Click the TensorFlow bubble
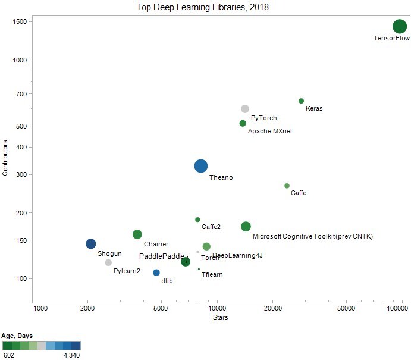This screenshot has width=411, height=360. pyautogui.click(x=400, y=26)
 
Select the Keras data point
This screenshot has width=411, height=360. pyautogui.click(x=301, y=101)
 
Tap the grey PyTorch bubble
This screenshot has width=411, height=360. pyautogui.click(x=245, y=109)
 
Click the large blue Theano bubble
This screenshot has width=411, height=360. pyautogui.click(x=201, y=166)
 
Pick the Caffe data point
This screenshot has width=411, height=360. pyautogui.click(x=287, y=186)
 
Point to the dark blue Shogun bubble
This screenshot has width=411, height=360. pyautogui.click(x=90, y=243)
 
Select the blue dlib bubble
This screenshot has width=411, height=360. pyautogui.click(x=156, y=273)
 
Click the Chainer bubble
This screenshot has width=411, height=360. pyautogui.click(x=137, y=234)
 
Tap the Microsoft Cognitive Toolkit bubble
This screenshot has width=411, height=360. pyautogui.click(x=246, y=226)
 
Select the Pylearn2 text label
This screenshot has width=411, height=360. pyautogui.click(x=127, y=271)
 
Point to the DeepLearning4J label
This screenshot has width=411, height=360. pyautogui.click(x=237, y=255)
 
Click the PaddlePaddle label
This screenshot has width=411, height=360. pyautogui.click(x=161, y=256)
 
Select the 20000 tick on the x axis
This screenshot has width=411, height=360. pyautogui.click(x=272, y=308)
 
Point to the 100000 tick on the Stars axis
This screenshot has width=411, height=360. pyautogui.click(x=400, y=308)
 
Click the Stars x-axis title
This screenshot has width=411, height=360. pyautogui.click(x=220, y=317)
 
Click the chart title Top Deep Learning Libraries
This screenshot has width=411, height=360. pyautogui.click(x=203, y=7)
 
